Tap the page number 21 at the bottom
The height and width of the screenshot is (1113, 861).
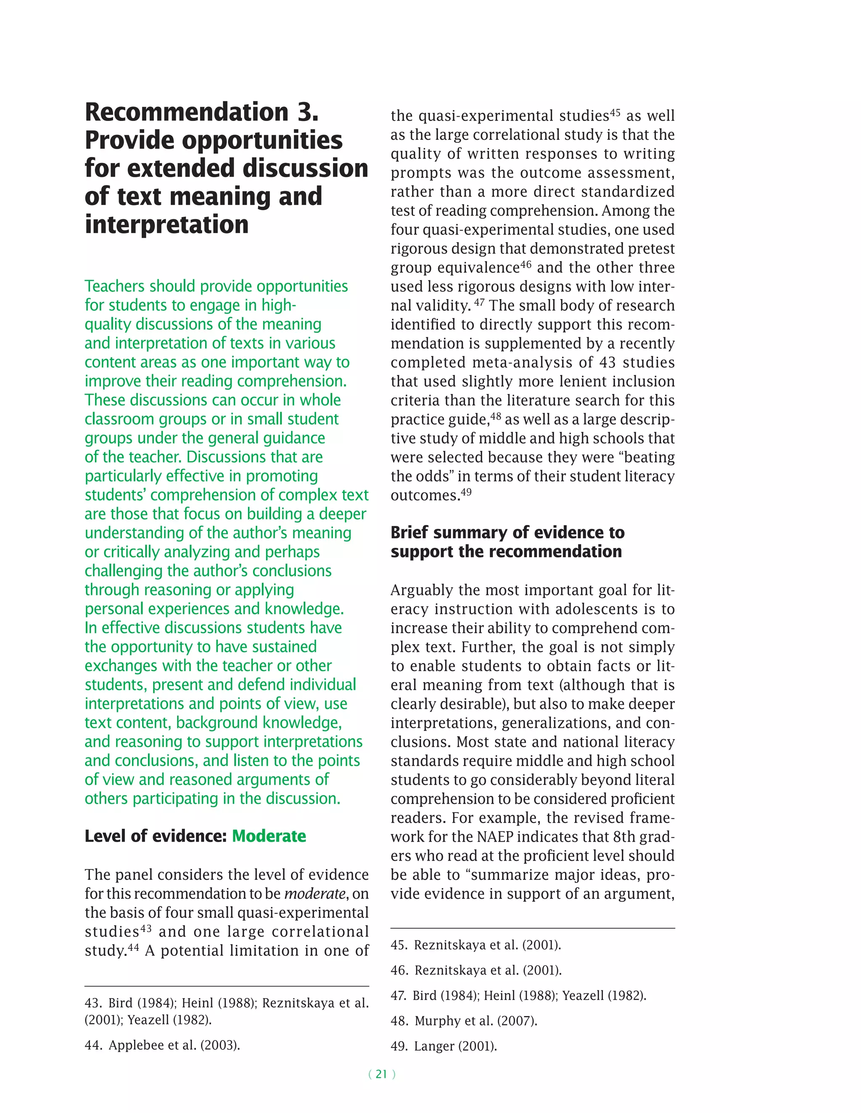382,1074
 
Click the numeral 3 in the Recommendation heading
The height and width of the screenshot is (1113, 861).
308,112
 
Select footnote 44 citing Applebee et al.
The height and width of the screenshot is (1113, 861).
162,1045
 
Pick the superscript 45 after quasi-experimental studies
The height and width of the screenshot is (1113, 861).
615,112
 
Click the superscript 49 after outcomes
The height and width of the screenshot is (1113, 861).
466,492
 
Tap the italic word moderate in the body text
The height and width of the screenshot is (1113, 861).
315,894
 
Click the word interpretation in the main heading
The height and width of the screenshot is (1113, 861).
166,225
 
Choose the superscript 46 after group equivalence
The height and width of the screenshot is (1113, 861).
526,264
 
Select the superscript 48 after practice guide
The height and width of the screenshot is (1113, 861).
496,416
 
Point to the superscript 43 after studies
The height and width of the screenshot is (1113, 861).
145,928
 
